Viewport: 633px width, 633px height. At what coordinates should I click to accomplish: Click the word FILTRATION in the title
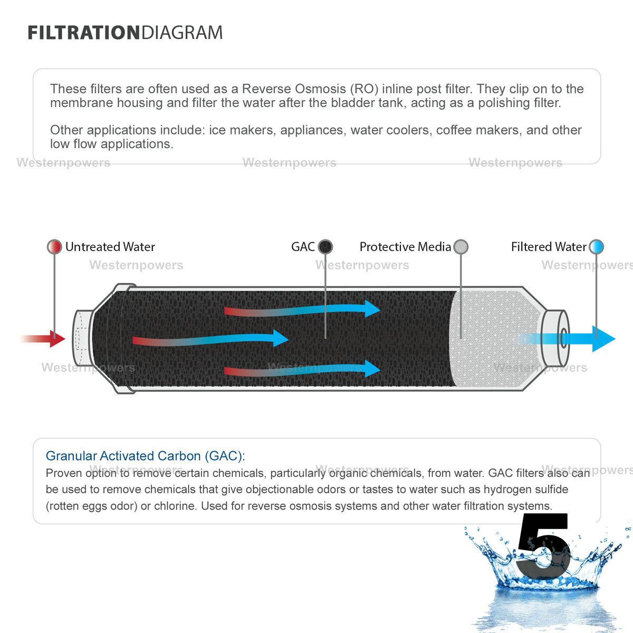pos(84,33)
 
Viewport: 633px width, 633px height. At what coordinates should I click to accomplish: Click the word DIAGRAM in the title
pos(182,33)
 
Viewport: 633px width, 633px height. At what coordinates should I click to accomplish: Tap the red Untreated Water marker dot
pos(54,246)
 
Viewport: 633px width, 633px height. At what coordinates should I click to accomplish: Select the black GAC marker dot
pos(325,246)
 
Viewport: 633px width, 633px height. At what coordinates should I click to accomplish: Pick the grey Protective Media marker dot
pos(461,246)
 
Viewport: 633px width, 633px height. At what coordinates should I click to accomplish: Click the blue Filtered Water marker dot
pos(596,246)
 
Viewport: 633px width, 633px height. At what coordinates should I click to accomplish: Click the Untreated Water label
pos(110,247)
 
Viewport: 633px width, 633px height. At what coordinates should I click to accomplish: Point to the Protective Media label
pos(405,247)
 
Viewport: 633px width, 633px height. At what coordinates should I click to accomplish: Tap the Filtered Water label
pos(549,247)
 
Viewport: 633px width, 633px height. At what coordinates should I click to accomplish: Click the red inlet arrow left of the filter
pos(45,339)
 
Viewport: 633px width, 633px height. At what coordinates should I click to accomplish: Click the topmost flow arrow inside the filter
pos(303,310)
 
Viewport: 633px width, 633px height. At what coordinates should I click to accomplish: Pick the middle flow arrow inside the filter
pos(211,340)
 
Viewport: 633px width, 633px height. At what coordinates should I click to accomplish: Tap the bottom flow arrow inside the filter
pos(303,370)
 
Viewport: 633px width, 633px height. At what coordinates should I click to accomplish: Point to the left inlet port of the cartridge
pos(82,339)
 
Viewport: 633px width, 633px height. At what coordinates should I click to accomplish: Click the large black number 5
pos(543,546)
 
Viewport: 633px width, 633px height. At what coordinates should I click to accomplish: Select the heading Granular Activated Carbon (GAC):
pos(145,456)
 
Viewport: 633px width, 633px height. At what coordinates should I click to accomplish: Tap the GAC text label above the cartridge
pos(303,247)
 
